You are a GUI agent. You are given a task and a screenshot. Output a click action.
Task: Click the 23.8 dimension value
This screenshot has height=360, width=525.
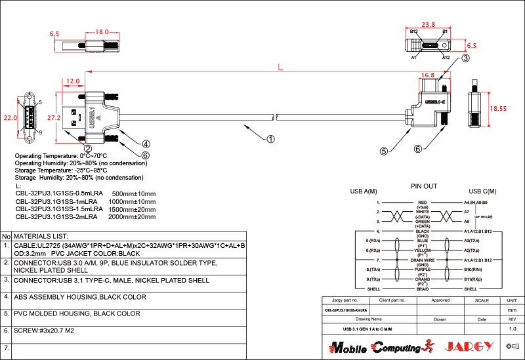pyautogui.click(x=428, y=25)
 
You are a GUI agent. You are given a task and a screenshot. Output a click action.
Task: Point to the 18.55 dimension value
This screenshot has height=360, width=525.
pyautogui.click(x=499, y=108)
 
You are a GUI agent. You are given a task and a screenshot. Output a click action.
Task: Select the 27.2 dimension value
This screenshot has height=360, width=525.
pyautogui.click(x=54, y=117)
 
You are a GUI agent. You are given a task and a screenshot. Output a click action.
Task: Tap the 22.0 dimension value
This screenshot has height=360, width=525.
pyautogui.click(x=10, y=118)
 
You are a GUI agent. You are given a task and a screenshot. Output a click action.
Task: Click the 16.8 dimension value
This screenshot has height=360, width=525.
pyautogui.click(x=428, y=75)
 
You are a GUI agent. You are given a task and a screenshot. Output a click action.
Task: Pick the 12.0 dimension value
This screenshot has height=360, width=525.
pyautogui.click(x=73, y=81)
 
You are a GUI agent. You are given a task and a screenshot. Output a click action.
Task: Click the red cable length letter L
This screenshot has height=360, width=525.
pyautogui.click(x=280, y=66)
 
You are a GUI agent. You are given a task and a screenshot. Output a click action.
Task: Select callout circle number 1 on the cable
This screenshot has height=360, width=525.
pyautogui.click(x=270, y=138)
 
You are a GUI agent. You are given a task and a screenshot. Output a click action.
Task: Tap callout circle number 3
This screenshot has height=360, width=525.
pyautogui.click(x=465, y=58)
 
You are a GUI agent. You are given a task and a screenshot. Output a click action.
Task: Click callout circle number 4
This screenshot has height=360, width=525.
pyautogui.click(x=146, y=144)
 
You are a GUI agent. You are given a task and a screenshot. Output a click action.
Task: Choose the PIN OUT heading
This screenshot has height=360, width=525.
pyautogui.click(x=423, y=186)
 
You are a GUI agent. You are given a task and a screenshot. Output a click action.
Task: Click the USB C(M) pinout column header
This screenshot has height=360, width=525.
pyautogui.click(x=482, y=191)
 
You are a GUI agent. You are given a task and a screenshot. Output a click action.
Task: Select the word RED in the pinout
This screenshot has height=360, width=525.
pyautogui.click(x=423, y=203)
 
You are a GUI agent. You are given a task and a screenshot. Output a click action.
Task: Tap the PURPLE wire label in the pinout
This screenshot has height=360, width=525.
pyautogui.click(x=423, y=269)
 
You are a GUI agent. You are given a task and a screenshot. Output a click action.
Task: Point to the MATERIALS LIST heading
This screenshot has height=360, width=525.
pyautogui.click(x=41, y=236)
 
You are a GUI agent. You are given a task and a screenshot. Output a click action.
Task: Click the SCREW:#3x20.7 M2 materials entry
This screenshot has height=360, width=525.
pyautogui.click(x=44, y=330)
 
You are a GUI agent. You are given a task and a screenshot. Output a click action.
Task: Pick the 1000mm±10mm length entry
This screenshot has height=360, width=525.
pyautogui.click(x=136, y=201)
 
